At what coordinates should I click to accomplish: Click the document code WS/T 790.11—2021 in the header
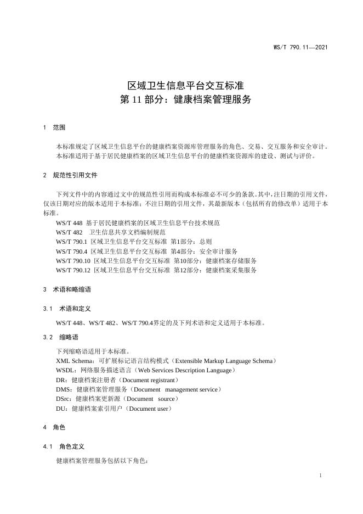[300, 48]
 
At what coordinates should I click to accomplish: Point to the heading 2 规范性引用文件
[70, 175]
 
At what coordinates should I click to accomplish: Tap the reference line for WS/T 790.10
[156, 260]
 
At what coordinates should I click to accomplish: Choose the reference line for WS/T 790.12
[156, 270]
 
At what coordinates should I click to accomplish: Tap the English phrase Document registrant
[150, 379]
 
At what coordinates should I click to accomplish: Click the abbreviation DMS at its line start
[64, 389]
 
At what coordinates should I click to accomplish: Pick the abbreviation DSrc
[64, 399]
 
